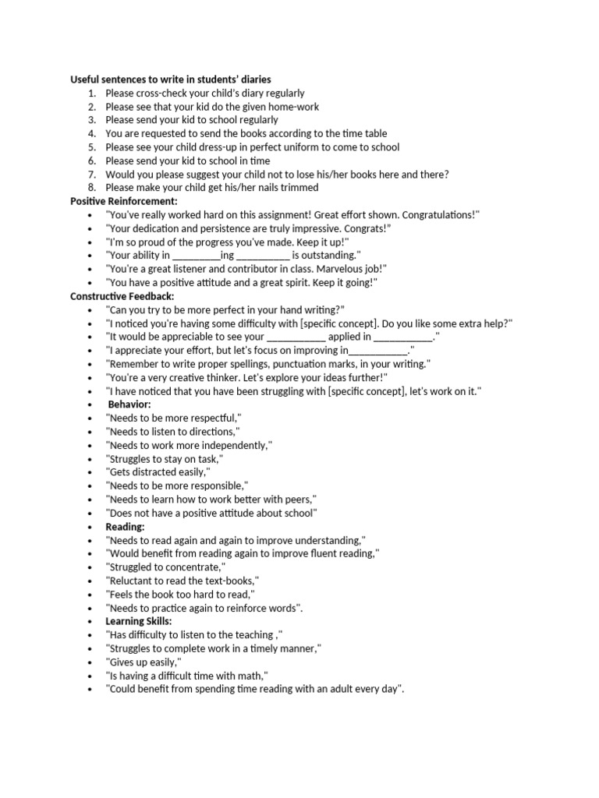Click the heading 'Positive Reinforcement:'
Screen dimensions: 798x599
tap(124, 201)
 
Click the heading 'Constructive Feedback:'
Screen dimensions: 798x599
tap(122, 296)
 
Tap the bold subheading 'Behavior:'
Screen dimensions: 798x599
tap(129, 404)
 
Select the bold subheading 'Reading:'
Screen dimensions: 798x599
tap(126, 527)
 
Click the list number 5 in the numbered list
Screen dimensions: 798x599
tap(91, 147)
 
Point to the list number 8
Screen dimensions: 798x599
tap(91, 188)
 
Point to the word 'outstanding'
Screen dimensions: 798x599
tap(330, 256)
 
